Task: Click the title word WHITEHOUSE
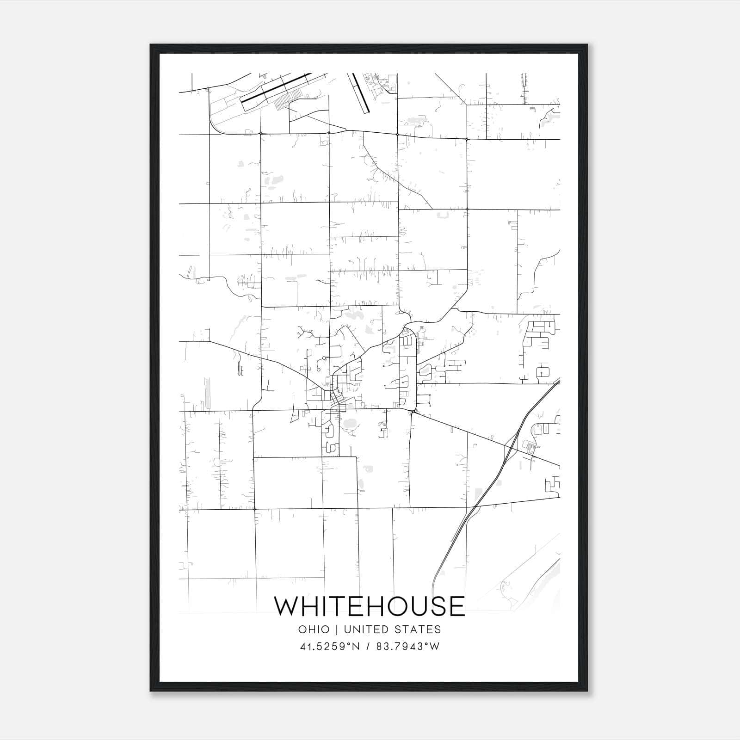pyautogui.click(x=370, y=606)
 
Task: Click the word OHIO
pyautogui.click(x=314, y=629)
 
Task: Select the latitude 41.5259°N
pyautogui.click(x=330, y=647)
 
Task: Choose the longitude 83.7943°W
pyautogui.click(x=408, y=647)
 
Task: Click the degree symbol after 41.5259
pyautogui.click(x=350, y=644)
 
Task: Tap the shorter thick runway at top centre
pyautogui.click(x=361, y=92)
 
